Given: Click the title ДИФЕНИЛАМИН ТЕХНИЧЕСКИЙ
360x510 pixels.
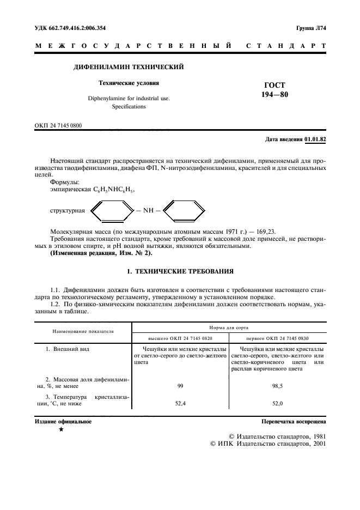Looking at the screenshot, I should (x=128, y=67).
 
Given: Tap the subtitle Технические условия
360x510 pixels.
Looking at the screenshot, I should (x=129, y=83).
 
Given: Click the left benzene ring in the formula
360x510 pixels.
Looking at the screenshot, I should (x=111, y=210).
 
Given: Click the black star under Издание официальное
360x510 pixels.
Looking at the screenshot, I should (x=61, y=430).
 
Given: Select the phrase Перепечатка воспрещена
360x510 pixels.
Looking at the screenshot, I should (x=294, y=422).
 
